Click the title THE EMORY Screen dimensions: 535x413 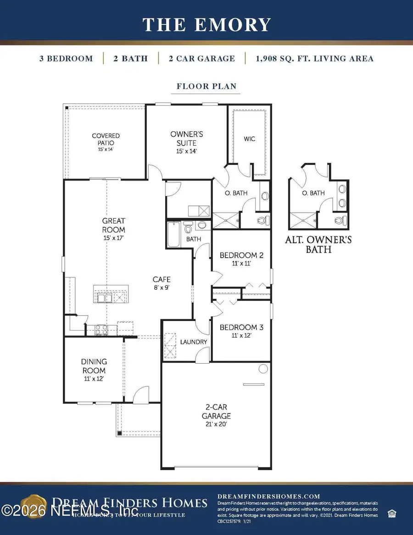point(206,24)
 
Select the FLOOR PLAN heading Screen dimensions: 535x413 point(206,86)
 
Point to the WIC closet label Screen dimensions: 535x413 point(250,139)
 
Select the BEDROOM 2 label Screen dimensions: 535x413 point(241,259)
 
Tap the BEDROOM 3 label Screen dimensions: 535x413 point(241,331)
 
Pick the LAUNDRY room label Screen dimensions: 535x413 point(193,342)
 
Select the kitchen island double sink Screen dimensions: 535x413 point(104,298)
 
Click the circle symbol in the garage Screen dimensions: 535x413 point(263,368)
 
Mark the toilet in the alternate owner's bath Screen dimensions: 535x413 point(340,221)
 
